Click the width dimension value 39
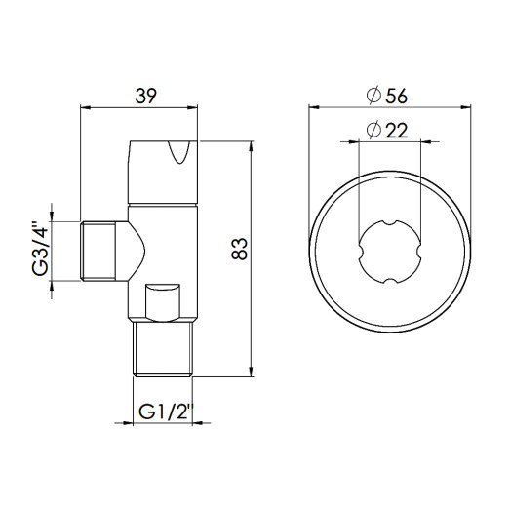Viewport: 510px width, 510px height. [x=145, y=95]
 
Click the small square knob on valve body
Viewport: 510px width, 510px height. [x=162, y=299]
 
